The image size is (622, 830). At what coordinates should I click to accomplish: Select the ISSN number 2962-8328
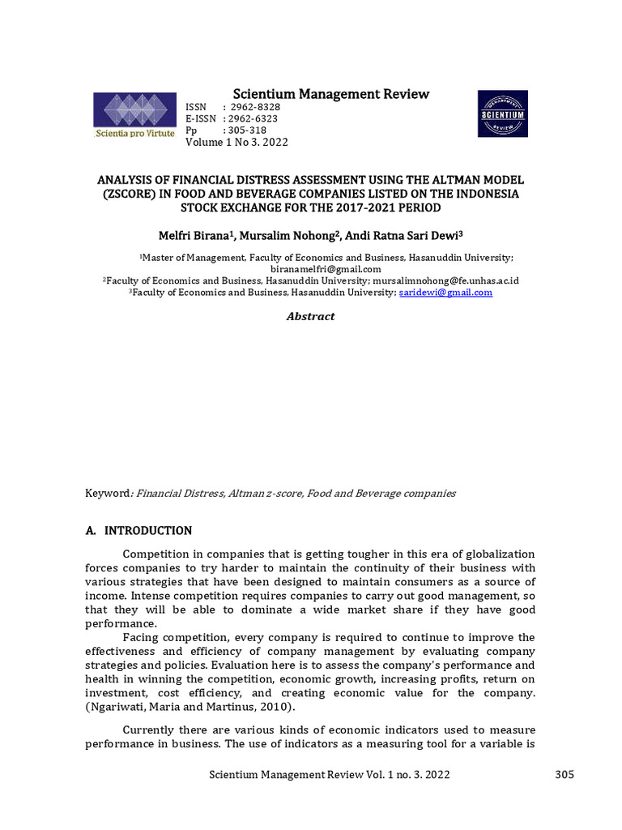256,108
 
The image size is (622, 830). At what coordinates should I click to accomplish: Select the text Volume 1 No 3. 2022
236,143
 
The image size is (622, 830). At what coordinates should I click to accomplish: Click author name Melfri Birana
195,235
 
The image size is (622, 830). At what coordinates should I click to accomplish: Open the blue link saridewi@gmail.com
445,293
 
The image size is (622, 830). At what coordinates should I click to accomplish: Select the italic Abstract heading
310,317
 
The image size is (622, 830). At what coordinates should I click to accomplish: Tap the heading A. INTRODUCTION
138,531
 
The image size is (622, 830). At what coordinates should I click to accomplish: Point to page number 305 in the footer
564,774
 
